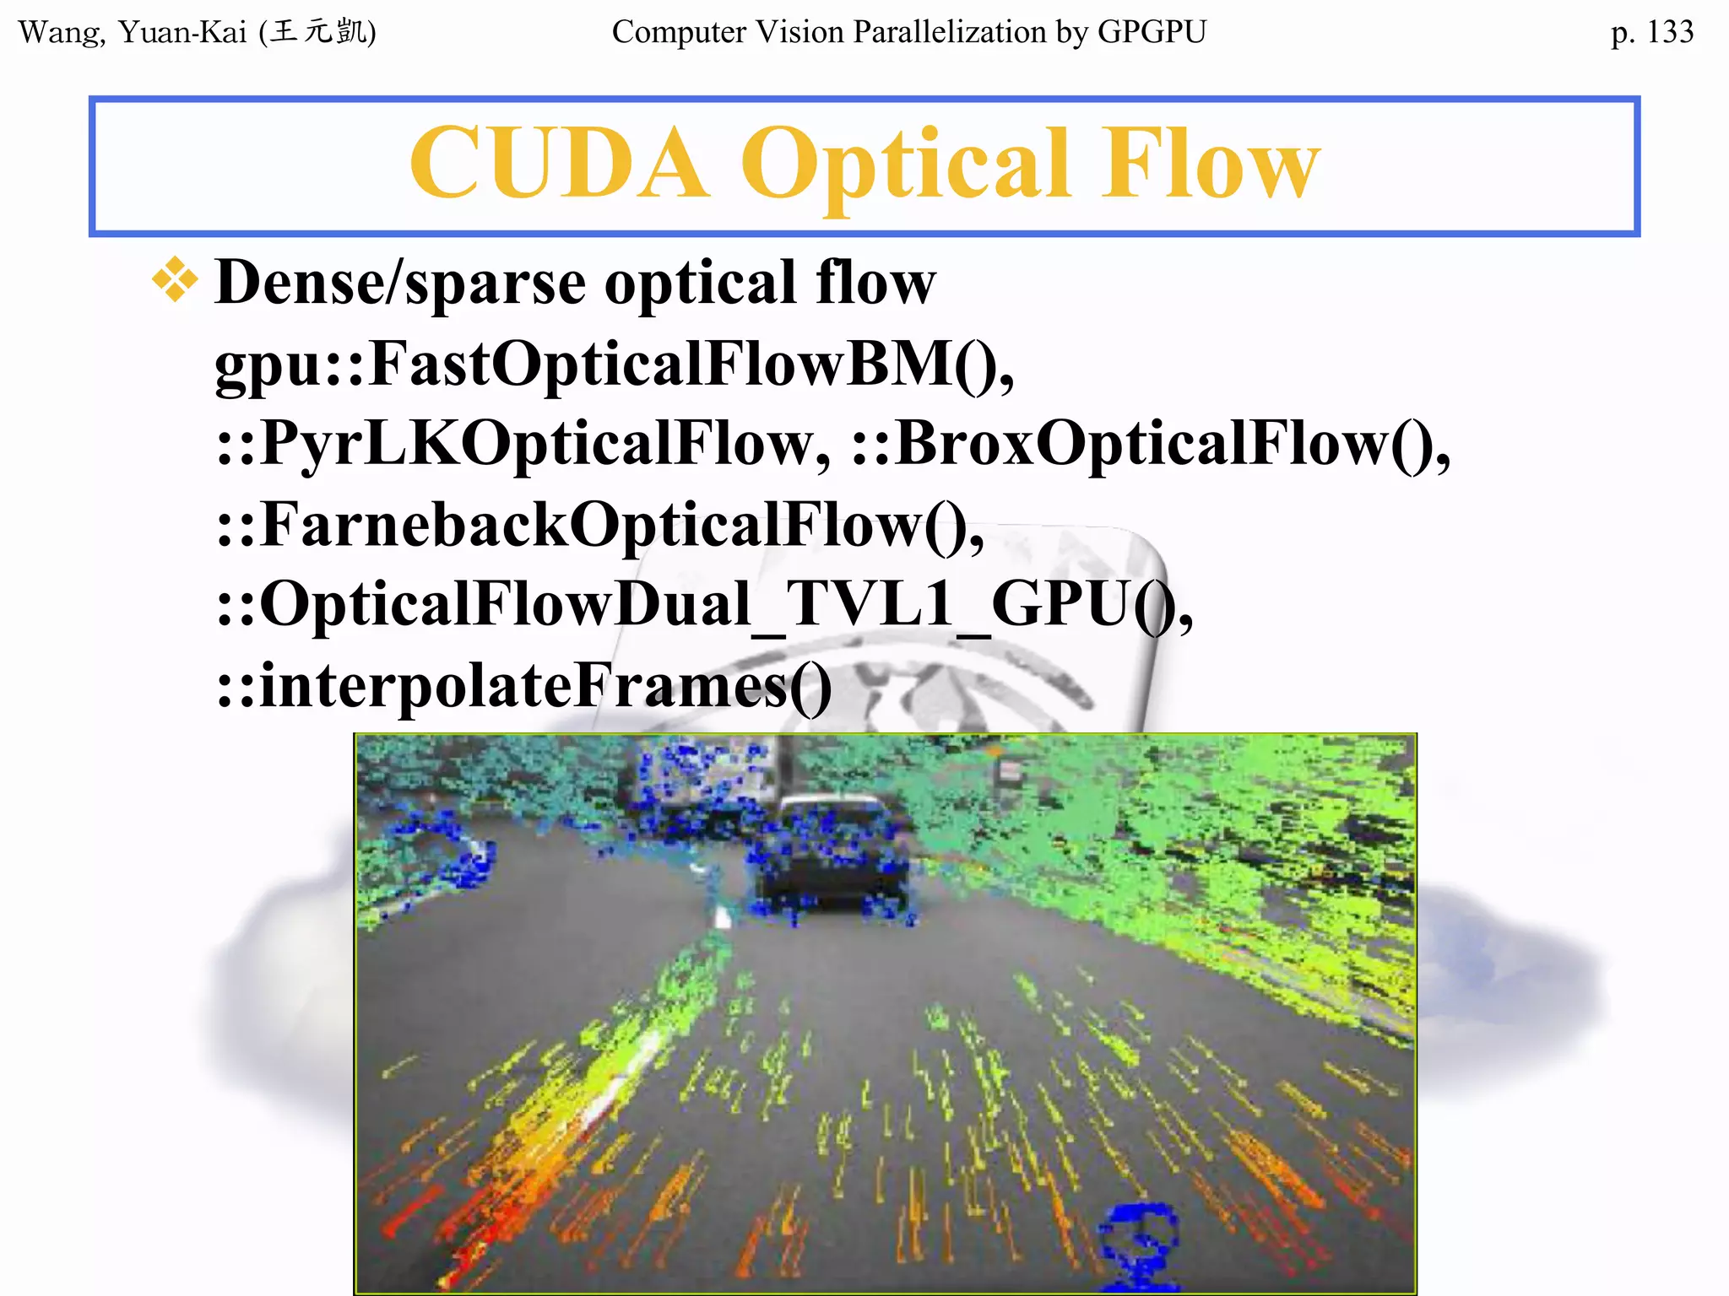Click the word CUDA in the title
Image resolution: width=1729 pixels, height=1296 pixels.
click(x=558, y=164)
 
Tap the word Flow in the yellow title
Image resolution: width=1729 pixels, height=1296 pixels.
click(x=1211, y=164)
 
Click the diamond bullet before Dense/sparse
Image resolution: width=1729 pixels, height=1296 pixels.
click(x=175, y=280)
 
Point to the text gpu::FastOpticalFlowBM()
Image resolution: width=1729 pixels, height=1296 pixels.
click(x=614, y=363)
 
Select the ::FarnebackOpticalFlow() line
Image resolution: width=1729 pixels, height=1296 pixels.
click(x=599, y=525)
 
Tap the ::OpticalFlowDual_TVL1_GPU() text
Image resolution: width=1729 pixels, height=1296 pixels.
click(x=704, y=605)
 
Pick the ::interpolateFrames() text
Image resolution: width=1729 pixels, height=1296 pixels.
click(x=523, y=685)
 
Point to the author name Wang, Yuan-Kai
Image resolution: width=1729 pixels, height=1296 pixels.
click(x=133, y=32)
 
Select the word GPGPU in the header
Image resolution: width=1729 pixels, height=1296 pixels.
click(x=1152, y=32)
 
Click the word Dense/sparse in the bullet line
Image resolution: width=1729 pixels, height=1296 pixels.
click(x=400, y=282)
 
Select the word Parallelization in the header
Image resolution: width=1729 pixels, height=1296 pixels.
click(x=950, y=32)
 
